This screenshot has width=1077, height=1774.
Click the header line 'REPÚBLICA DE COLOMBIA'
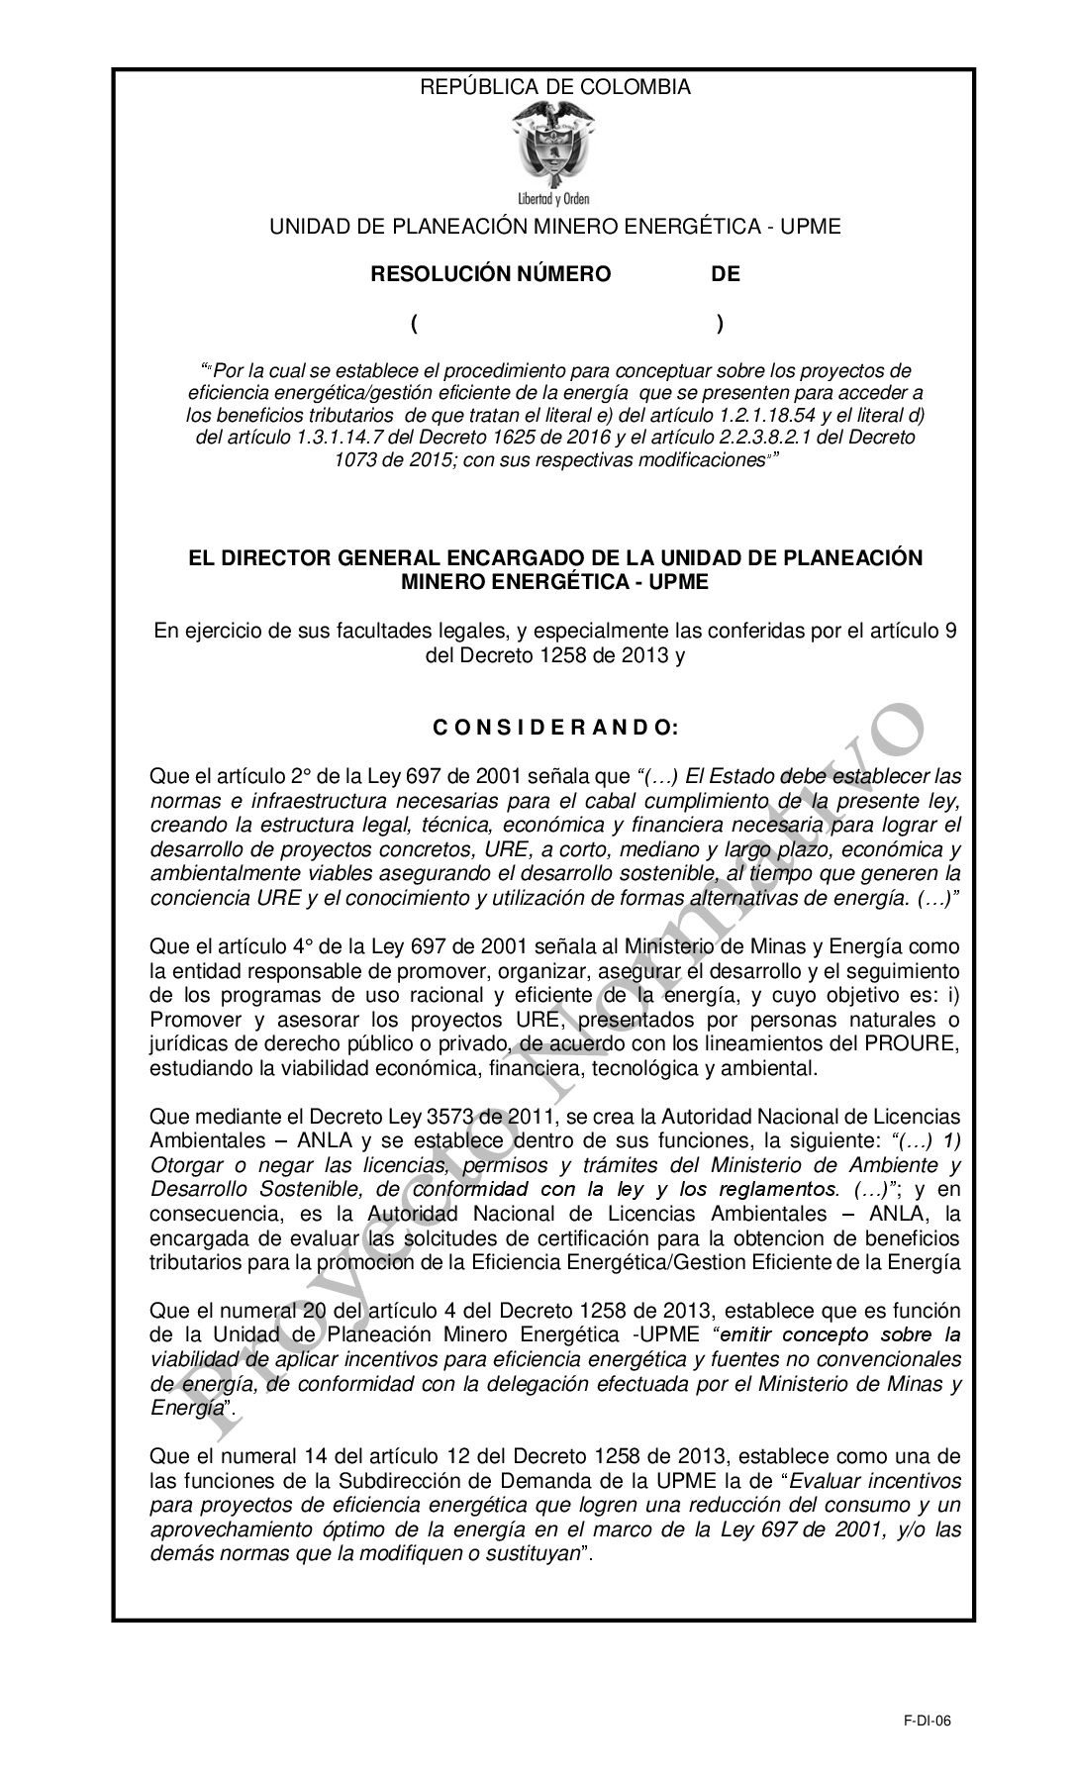pyautogui.click(x=555, y=87)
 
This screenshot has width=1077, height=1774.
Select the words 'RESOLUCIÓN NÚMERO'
pyautogui.click(x=490, y=274)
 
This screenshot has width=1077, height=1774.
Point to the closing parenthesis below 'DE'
pyautogui.click(x=720, y=324)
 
